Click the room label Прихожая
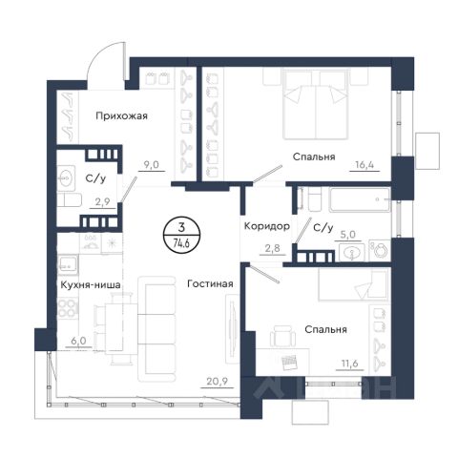pos(121,116)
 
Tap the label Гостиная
pos(210,283)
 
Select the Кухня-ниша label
pos(91,284)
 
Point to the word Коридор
pos(267,226)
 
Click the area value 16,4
pos(364,165)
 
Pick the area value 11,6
pos(349,364)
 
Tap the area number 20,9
pos(218,381)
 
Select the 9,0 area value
pos(151,165)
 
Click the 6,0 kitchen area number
pos(78,341)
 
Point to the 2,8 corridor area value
pos(273,248)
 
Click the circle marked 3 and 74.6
pos(181,235)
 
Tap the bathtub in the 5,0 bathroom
pos(360,199)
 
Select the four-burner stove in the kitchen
pos(68,308)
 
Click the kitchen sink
pos(68,264)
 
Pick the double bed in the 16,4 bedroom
pos(315,104)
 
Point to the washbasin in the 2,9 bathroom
pos(67,178)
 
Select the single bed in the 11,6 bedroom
pos(354,284)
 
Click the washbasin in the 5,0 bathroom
pos(352,253)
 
